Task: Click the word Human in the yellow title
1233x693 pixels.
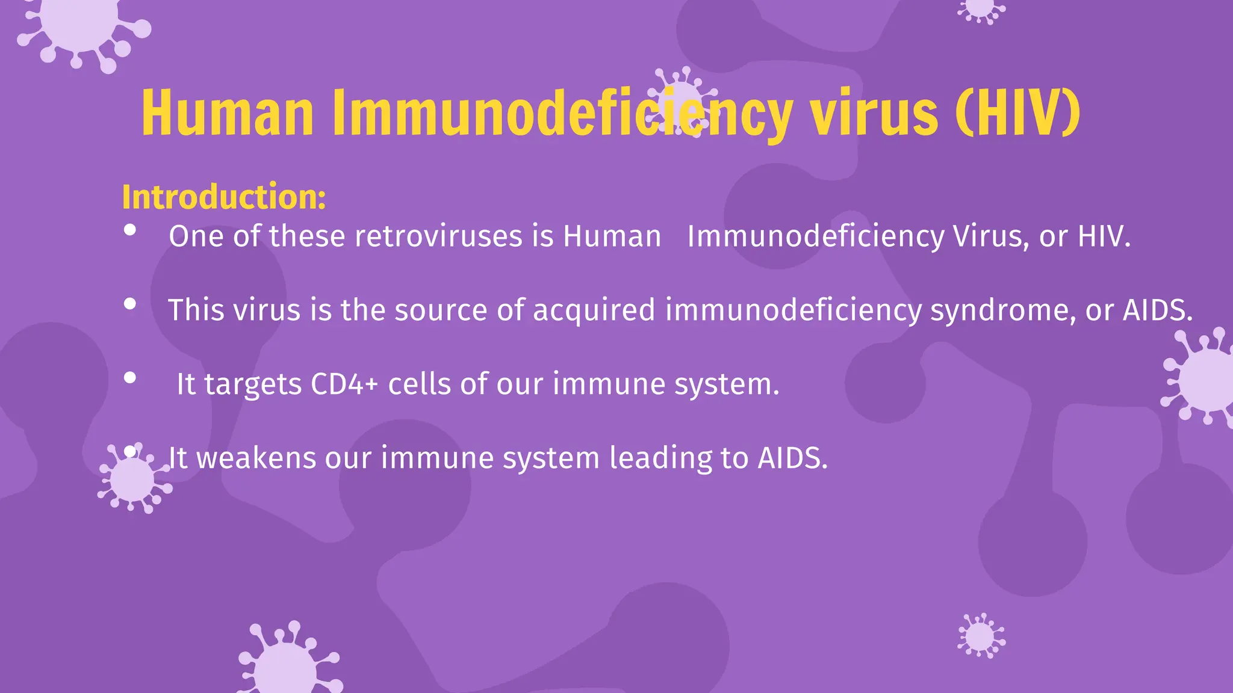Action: click(x=228, y=113)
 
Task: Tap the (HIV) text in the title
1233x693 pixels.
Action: click(x=1018, y=113)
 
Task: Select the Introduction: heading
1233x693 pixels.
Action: click(x=224, y=197)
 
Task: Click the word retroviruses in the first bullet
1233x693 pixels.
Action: click(x=438, y=236)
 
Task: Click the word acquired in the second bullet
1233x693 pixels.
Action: click(x=594, y=310)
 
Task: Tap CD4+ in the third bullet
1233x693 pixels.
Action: click(x=344, y=384)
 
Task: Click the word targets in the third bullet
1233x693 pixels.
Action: click(x=253, y=385)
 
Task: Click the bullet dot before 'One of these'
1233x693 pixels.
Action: click(x=129, y=230)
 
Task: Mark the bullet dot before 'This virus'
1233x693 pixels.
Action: click(x=129, y=304)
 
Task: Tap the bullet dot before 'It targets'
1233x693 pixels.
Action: click(x=129, y=378)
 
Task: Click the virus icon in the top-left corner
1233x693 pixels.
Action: click(x=81, y=30)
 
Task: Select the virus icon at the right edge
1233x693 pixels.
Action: click(x=1202, y=378)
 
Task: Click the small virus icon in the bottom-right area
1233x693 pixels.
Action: click(x=981, y=635)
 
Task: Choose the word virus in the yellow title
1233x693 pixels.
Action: click(x=874, y=113)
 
